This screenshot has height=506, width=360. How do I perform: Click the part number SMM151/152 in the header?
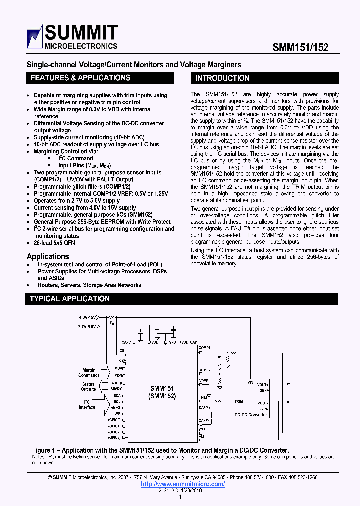300,47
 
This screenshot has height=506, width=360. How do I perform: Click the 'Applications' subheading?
48,256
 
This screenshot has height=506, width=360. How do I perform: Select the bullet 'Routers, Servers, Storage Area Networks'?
89,285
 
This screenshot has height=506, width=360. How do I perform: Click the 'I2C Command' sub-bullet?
76,158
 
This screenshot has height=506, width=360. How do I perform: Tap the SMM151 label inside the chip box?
162,388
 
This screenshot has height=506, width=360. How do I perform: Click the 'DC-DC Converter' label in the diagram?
251,415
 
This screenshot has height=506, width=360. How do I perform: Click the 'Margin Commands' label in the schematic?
89,373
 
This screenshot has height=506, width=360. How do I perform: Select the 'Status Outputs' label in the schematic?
89,387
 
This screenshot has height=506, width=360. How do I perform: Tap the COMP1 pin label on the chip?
204,347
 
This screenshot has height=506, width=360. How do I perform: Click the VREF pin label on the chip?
203,381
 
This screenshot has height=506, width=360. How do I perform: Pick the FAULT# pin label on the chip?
116,382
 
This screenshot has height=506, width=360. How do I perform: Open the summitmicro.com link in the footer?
183,484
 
